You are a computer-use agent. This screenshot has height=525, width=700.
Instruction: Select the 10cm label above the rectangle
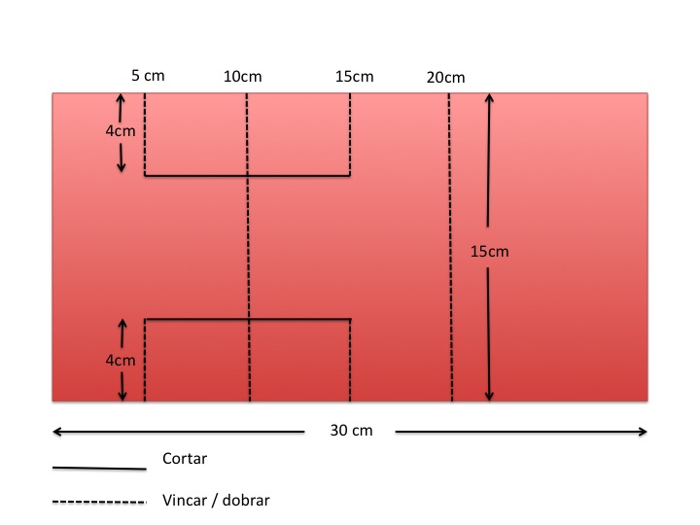point(242,77)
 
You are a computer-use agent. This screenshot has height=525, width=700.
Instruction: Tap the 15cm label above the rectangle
point(354,77)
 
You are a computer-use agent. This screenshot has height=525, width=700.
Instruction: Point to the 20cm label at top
point(445,78)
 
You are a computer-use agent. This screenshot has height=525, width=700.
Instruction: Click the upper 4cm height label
point(120,129)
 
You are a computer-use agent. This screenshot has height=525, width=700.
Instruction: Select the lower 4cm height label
point(120,360)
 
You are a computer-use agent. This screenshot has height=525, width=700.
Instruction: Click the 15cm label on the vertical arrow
point(489,252)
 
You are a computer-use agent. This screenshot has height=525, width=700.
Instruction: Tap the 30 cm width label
point(349,431)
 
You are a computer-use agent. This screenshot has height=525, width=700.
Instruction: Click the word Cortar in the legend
point(185,458)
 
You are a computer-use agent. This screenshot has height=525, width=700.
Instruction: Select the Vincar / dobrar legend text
point(216,501)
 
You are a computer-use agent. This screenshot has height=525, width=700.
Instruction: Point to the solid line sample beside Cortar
point(98,468)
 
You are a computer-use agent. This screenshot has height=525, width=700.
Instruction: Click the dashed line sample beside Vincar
point(98,502)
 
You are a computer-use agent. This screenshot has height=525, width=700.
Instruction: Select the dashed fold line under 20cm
point(450,292)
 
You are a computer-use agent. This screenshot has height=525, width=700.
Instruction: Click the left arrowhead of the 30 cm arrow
point(56,431)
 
